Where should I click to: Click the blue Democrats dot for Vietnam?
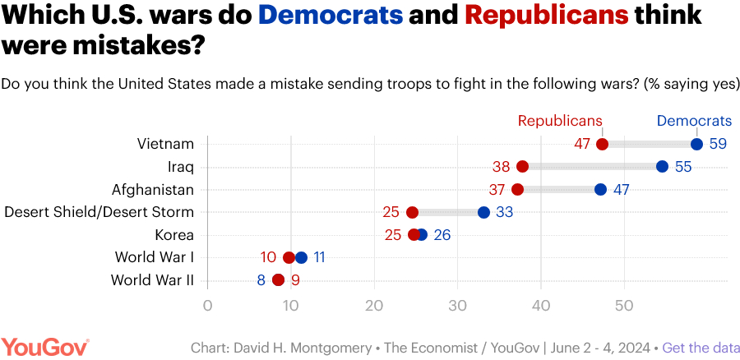pos(696,144)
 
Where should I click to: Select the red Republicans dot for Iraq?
pos(523,167)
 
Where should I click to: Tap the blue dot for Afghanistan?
pos(600,190)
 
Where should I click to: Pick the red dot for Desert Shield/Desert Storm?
pos(413,212)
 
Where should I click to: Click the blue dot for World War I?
pos(301,257)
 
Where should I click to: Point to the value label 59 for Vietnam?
pos(718,144)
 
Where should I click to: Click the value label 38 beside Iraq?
pos(502,167)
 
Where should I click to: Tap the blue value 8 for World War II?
pos(261,280)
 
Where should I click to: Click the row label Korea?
pos(174,235)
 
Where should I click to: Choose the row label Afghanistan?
pos(153,190)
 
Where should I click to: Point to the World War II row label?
pos(153,280)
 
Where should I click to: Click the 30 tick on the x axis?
pos(457,306)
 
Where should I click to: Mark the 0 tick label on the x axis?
pos(207,306)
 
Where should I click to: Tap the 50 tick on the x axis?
pos(624,306)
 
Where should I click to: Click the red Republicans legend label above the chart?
pos(559,121)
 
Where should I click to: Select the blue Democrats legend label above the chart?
pos(694,121)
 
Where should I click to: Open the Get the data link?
pos(697,347)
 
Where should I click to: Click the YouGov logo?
pos(45,346)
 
